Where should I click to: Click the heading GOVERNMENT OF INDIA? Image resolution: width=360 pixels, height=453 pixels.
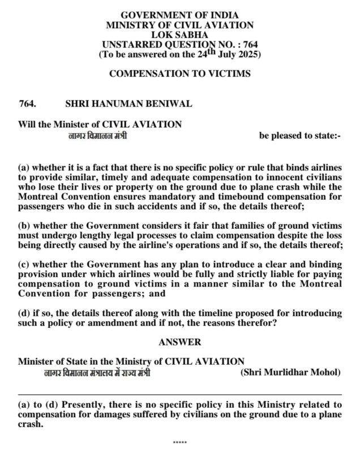(179, 15)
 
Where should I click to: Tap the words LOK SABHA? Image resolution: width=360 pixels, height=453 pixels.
(179, 35)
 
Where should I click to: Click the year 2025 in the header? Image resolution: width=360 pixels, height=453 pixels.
(247, 54)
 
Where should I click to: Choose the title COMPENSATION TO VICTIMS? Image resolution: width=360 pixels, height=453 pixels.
(179, 74)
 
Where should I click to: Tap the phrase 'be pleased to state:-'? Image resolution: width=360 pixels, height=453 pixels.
(300, 136)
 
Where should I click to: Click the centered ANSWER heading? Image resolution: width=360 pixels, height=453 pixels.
(179, 342)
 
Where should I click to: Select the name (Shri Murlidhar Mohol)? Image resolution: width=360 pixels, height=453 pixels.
(290, 372)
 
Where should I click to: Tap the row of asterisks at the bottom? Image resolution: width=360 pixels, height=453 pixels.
(179, 440)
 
